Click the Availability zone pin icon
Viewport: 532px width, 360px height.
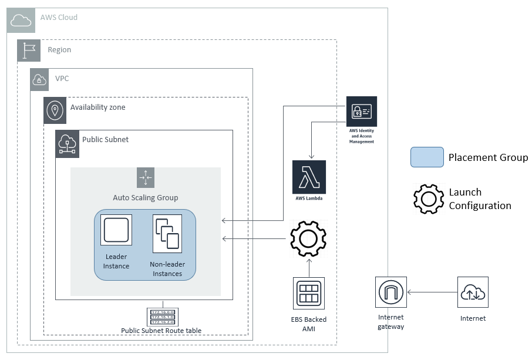[x=55, y=110]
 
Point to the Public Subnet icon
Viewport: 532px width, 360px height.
[x=67, y=143]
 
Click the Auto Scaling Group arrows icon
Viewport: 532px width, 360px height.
[x=146, y=177]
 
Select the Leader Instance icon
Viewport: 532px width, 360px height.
[x=116, y=230]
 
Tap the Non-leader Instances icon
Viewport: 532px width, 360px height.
[x=167, y=233]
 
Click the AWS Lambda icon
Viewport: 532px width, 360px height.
[x=309, y=176]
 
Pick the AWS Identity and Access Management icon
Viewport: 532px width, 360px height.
[x=361, y=112]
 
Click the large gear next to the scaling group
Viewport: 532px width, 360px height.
[x=308, y=238]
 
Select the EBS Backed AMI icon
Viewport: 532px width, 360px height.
[x=309, y=293]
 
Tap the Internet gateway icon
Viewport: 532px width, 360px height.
[x=390, y=292]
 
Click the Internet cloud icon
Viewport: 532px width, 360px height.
[x=473, y=292]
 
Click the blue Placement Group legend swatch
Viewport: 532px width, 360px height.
[x=427, y=157]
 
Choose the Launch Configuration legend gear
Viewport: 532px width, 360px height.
[x=429, y=198]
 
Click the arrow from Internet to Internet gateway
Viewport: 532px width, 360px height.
[x=432, y=292]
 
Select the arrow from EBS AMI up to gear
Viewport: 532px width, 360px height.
[x=309, y=267]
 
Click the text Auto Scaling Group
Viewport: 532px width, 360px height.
[x=146, y=198]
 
